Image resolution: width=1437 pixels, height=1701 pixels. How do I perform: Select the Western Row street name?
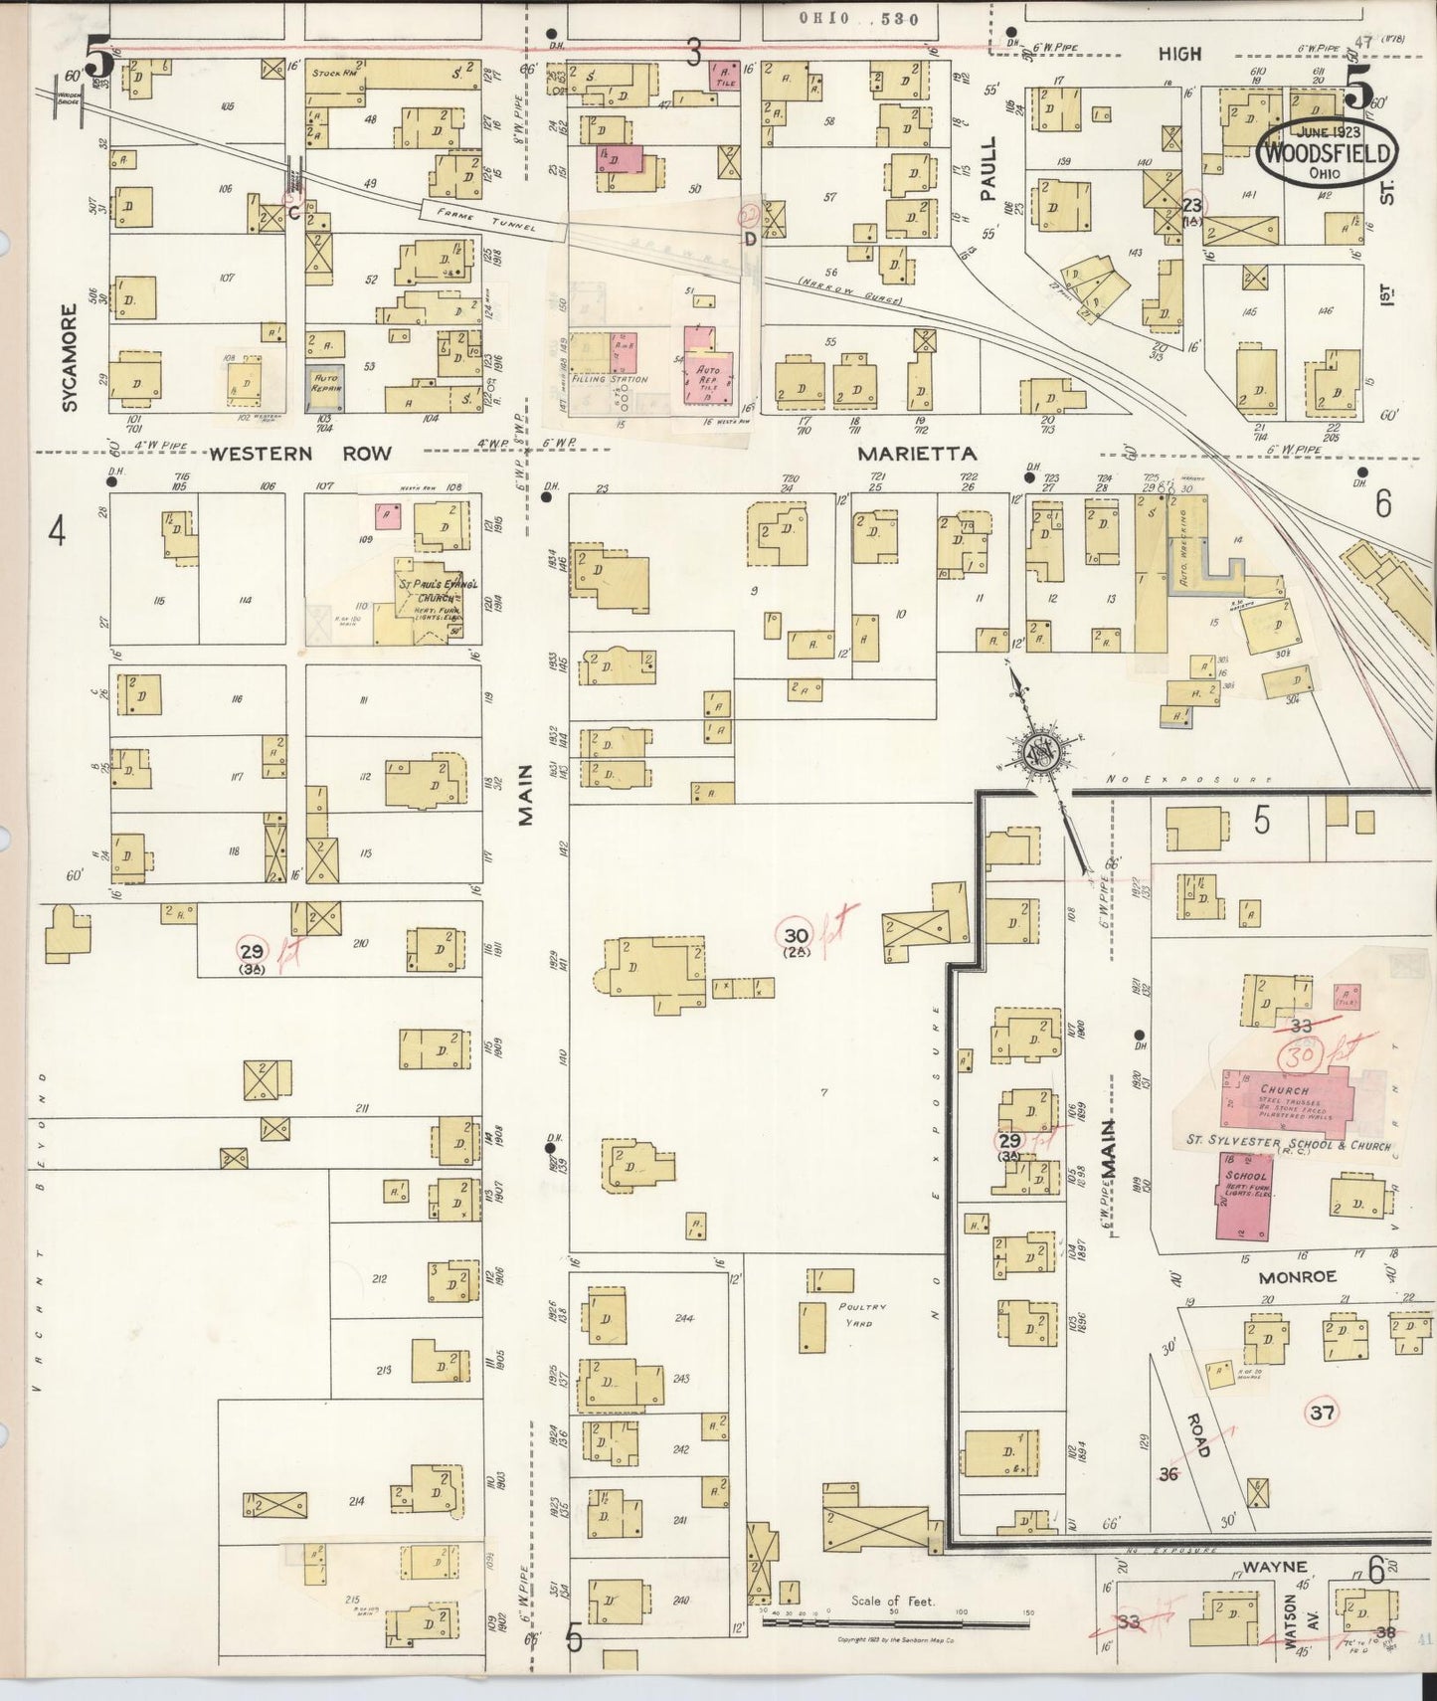click(x=299, y=454)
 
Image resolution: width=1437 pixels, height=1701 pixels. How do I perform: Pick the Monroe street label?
click(x=1296, y=1276)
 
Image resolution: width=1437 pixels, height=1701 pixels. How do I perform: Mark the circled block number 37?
click(x=1322, y=1412)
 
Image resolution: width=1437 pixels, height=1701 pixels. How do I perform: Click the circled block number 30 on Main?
click(x=796, y=935)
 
